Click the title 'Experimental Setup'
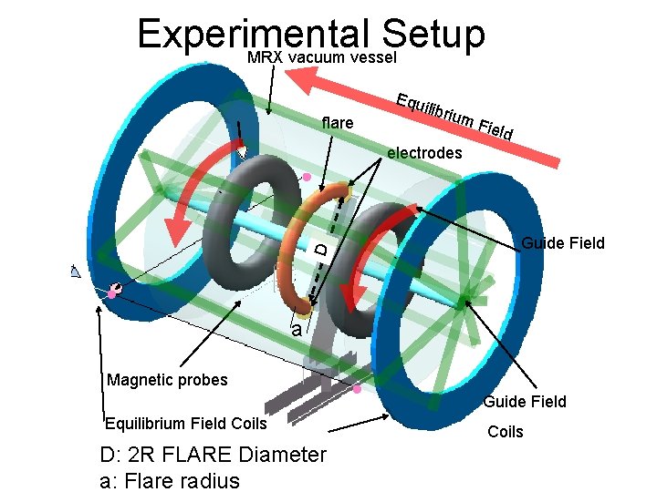click(310, 35)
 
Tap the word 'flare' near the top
click(338, 122)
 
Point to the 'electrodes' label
click(424, 153)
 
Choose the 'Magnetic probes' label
click(167, 380)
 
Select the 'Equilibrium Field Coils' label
click(186, 423)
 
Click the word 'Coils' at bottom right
click(505, 431)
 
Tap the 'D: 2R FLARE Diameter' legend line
click(214, 454)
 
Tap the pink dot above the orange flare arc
click(308, 177)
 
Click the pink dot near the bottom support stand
click(357, 389)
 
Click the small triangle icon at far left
click(77, 271)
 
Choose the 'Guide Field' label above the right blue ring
click(562, 242)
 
